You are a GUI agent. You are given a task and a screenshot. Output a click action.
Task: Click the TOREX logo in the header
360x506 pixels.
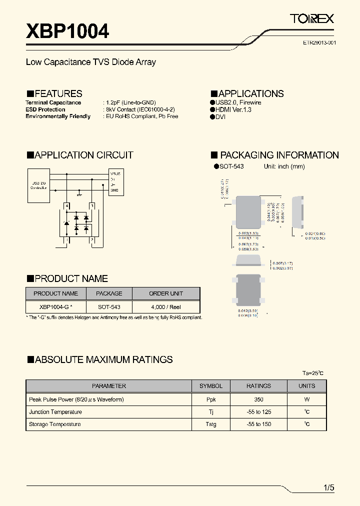click(x=312, y=19)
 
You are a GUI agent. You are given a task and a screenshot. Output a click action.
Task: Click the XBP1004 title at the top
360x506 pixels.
click(x=67, y=31)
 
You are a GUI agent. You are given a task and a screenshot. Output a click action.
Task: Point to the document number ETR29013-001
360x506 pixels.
click(x=319, y=43)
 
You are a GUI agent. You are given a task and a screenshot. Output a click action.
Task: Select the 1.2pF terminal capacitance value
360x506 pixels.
click(x=130, y=102)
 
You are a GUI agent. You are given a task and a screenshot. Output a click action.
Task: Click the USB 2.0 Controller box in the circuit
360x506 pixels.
click(x=38, y=184)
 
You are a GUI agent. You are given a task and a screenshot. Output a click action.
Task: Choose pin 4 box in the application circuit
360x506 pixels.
click(x=66, y=205)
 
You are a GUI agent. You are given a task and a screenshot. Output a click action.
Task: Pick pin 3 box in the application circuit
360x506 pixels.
click(x=91, y=205)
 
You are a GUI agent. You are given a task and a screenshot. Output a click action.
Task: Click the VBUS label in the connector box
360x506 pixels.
click(x=115, y=173)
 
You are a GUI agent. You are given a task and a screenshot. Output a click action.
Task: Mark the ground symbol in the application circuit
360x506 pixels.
click(x=79, y=192)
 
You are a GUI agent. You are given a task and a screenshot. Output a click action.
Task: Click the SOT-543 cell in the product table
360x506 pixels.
click(x=108, y=306)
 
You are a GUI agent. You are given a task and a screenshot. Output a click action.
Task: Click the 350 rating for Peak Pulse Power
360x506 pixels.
click(x=258, y=399)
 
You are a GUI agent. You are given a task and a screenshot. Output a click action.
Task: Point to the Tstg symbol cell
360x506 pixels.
click(x=211, y=424)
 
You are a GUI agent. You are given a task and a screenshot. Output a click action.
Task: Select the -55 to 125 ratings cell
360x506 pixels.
click(x=258, y=412)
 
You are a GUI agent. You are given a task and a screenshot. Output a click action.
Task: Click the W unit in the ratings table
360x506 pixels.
click(x=307, y=399)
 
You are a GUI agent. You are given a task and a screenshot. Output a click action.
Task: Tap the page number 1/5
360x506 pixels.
click(x=328, y=487)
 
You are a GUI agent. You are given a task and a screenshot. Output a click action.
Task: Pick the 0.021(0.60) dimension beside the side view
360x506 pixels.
click(x=315, y=233)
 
